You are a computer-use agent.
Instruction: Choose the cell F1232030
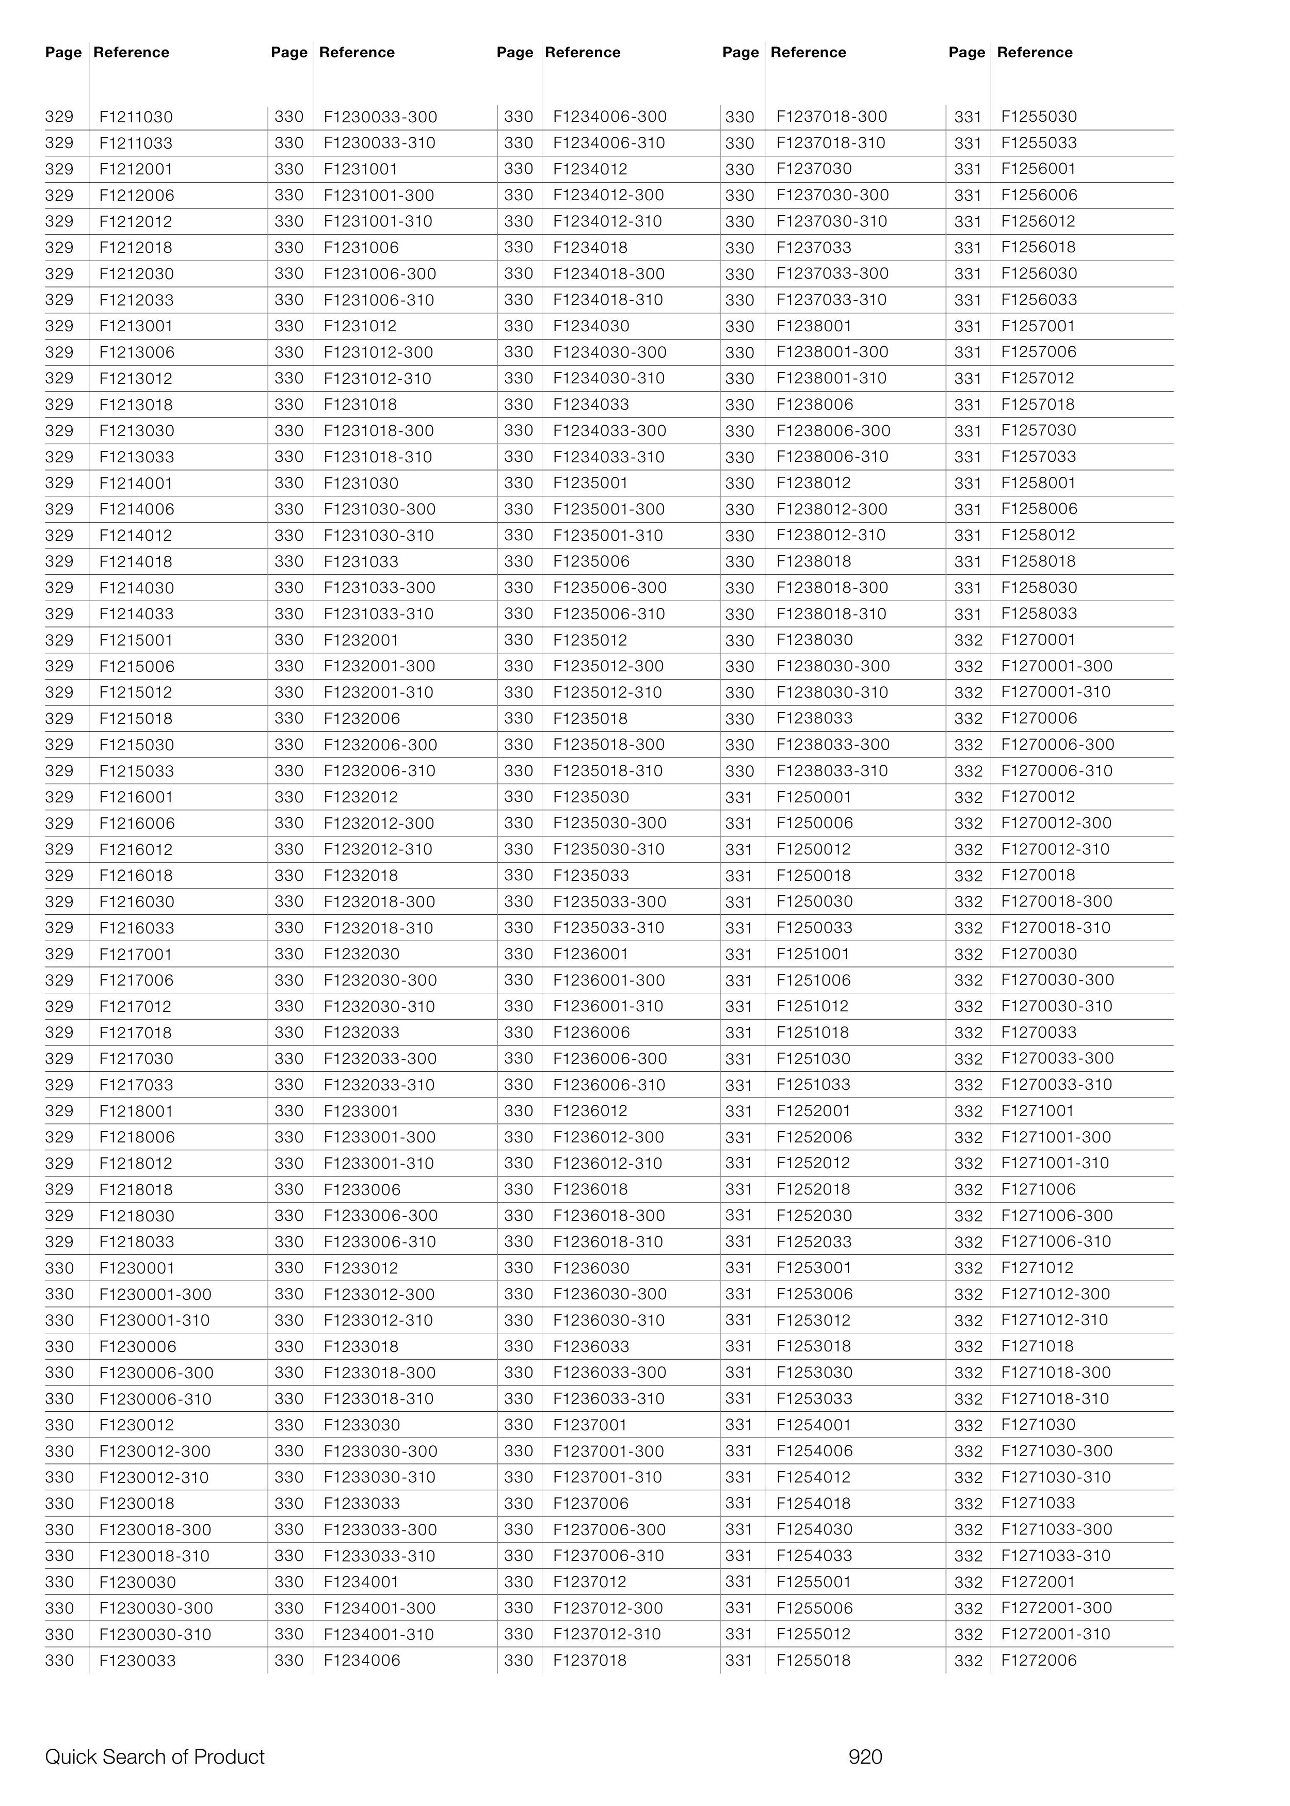[361, 954]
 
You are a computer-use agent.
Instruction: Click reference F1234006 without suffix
[361, 1660]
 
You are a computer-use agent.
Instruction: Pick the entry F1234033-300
[609, 430]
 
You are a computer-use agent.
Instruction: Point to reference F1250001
[813, 797]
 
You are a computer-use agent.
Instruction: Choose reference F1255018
[813, 1660]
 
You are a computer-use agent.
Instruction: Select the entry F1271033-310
[1056, 1556]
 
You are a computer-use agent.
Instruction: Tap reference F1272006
[1038, 1660]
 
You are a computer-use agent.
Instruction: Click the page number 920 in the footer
[865, 1757]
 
